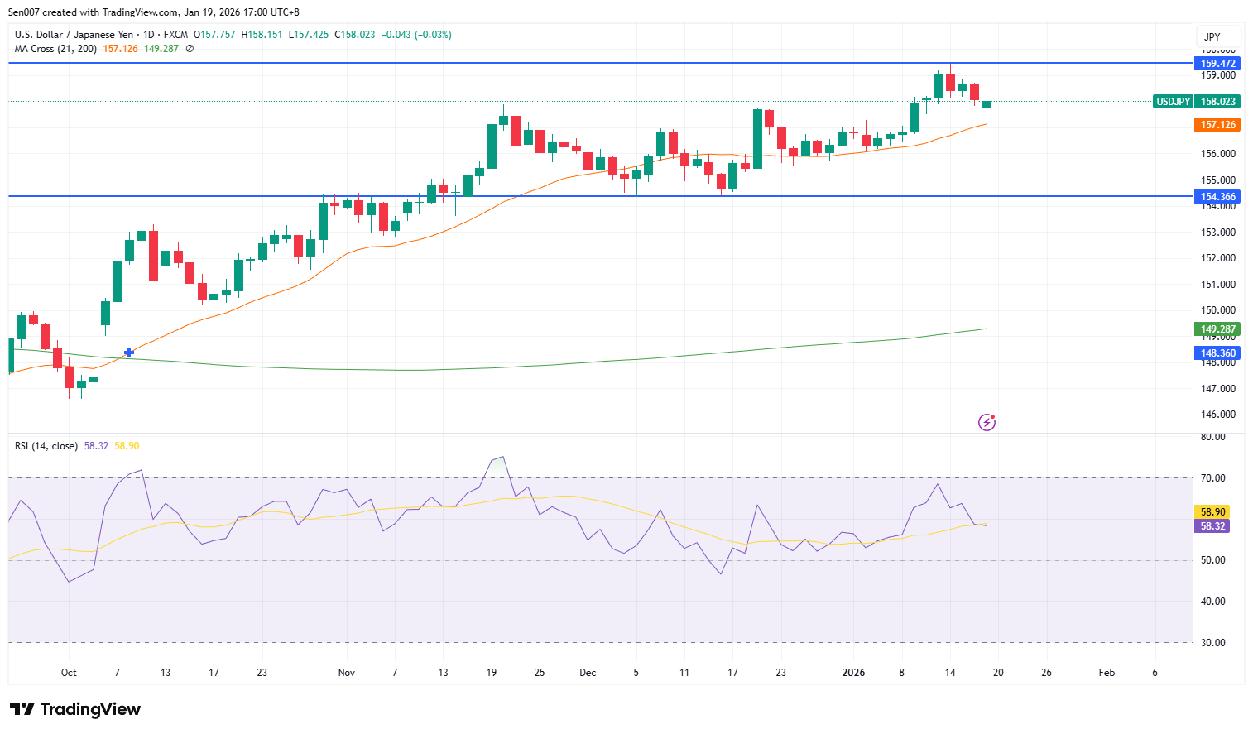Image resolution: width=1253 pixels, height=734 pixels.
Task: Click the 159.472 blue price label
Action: point(1217,64)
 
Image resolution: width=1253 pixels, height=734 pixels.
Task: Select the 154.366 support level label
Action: point(1217,197)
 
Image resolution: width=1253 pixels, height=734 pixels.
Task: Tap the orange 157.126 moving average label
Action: point(1217,125)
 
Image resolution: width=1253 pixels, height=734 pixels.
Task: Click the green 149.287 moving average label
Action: point(1217,329)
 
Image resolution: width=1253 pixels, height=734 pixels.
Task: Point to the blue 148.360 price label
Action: point(1217,353)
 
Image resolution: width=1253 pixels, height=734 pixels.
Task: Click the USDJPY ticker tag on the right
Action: point(1173,102)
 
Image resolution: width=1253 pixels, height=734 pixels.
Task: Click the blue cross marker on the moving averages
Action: point(129,353)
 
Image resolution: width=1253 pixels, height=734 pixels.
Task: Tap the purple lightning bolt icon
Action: point(987,423)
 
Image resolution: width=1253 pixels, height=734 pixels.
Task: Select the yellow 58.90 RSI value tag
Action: point(1212,512)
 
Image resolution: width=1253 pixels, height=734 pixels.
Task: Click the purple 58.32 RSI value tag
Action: point(1212,526)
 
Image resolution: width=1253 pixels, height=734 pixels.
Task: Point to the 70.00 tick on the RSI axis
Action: point(1213,478)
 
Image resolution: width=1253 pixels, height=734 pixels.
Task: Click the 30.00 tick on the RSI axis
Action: point(1213,643)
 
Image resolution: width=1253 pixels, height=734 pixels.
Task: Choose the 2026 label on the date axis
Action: point(853,673)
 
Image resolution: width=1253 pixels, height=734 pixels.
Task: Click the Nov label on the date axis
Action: point(347,673)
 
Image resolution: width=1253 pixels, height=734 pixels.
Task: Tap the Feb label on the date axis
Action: point(1107,673)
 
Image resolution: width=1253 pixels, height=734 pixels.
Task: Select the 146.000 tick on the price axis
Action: point(1217,415)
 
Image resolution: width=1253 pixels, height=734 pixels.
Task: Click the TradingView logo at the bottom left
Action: point(75,709)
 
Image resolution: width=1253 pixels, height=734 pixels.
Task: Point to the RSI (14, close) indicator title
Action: point(46,446)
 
